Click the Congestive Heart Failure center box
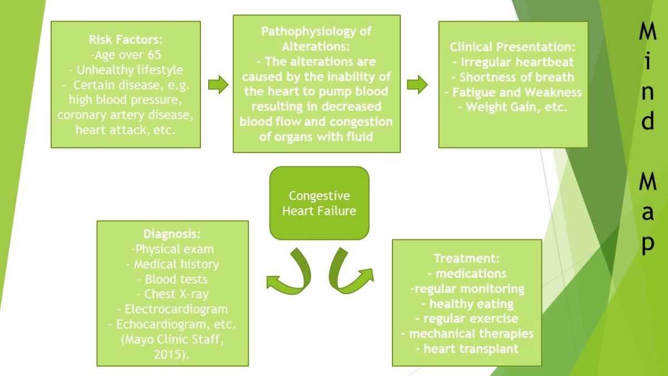tap(319, 203)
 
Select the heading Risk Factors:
tap(125, 40)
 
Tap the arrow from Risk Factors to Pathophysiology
tap(218, 85)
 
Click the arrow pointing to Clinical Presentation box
tap(417, 85)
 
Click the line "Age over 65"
tap(125, 55)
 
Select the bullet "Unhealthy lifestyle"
tap(125, 70)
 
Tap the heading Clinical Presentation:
tap(512, 47)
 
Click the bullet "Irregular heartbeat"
tap(512, 62)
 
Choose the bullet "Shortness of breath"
tap(512, 77)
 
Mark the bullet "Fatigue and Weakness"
tap(512, 92)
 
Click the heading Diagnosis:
tap(173, 235)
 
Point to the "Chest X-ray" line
tap(173, 294)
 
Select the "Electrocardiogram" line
tap(173, 309)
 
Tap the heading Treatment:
tap(466, 259)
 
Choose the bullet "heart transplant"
tap(466, 349)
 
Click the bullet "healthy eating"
tap(466, 304)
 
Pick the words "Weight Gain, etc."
tap(512, 107)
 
